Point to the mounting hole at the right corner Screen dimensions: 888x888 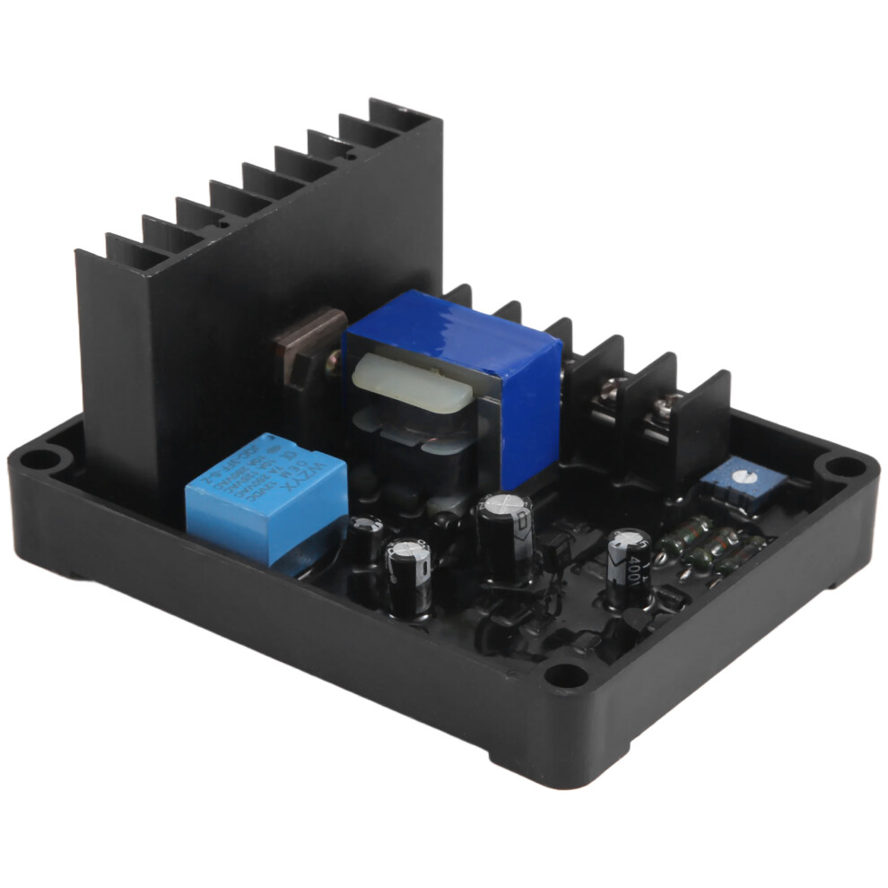pyautogui.click(x=843, y=466)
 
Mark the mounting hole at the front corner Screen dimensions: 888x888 pyautogui.click(x=565, y=674)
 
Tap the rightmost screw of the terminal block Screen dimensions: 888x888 pyautogui.click(x=664, y=405)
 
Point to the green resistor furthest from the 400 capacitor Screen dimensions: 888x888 pyautogui.click(x=741, y=556)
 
